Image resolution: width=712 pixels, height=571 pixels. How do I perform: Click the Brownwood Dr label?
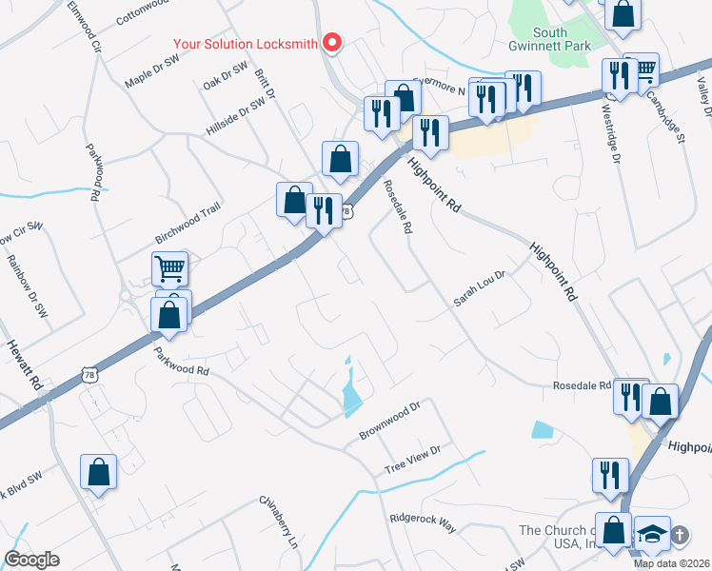pos(389,422)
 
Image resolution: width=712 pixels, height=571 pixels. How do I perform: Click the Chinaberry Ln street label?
pos(279,522)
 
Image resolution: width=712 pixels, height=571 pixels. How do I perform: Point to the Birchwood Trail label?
pos(188,228)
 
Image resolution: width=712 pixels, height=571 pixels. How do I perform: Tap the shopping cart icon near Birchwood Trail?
pos(169,269)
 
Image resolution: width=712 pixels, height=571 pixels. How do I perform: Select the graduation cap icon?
pos(652,533)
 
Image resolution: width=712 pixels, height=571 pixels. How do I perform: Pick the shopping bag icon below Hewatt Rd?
pos(98,471)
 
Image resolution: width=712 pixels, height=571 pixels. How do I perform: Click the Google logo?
pos(32,560)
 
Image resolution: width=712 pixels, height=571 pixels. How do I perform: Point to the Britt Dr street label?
pos(265,84)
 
